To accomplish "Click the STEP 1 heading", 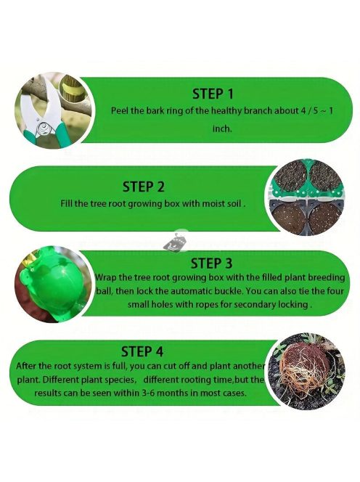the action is tap(213, 94).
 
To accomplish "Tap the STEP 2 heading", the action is tap(143, 187).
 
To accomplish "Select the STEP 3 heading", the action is tap(211, 264).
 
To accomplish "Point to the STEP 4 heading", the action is tap(142, 351).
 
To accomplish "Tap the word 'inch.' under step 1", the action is tap(222, 128).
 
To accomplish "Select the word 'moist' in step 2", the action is tap(213, 204).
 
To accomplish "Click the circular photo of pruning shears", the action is tap(54, 110).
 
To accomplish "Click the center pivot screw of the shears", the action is tap(41, 127).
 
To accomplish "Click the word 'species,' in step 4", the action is tap(120, 380).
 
